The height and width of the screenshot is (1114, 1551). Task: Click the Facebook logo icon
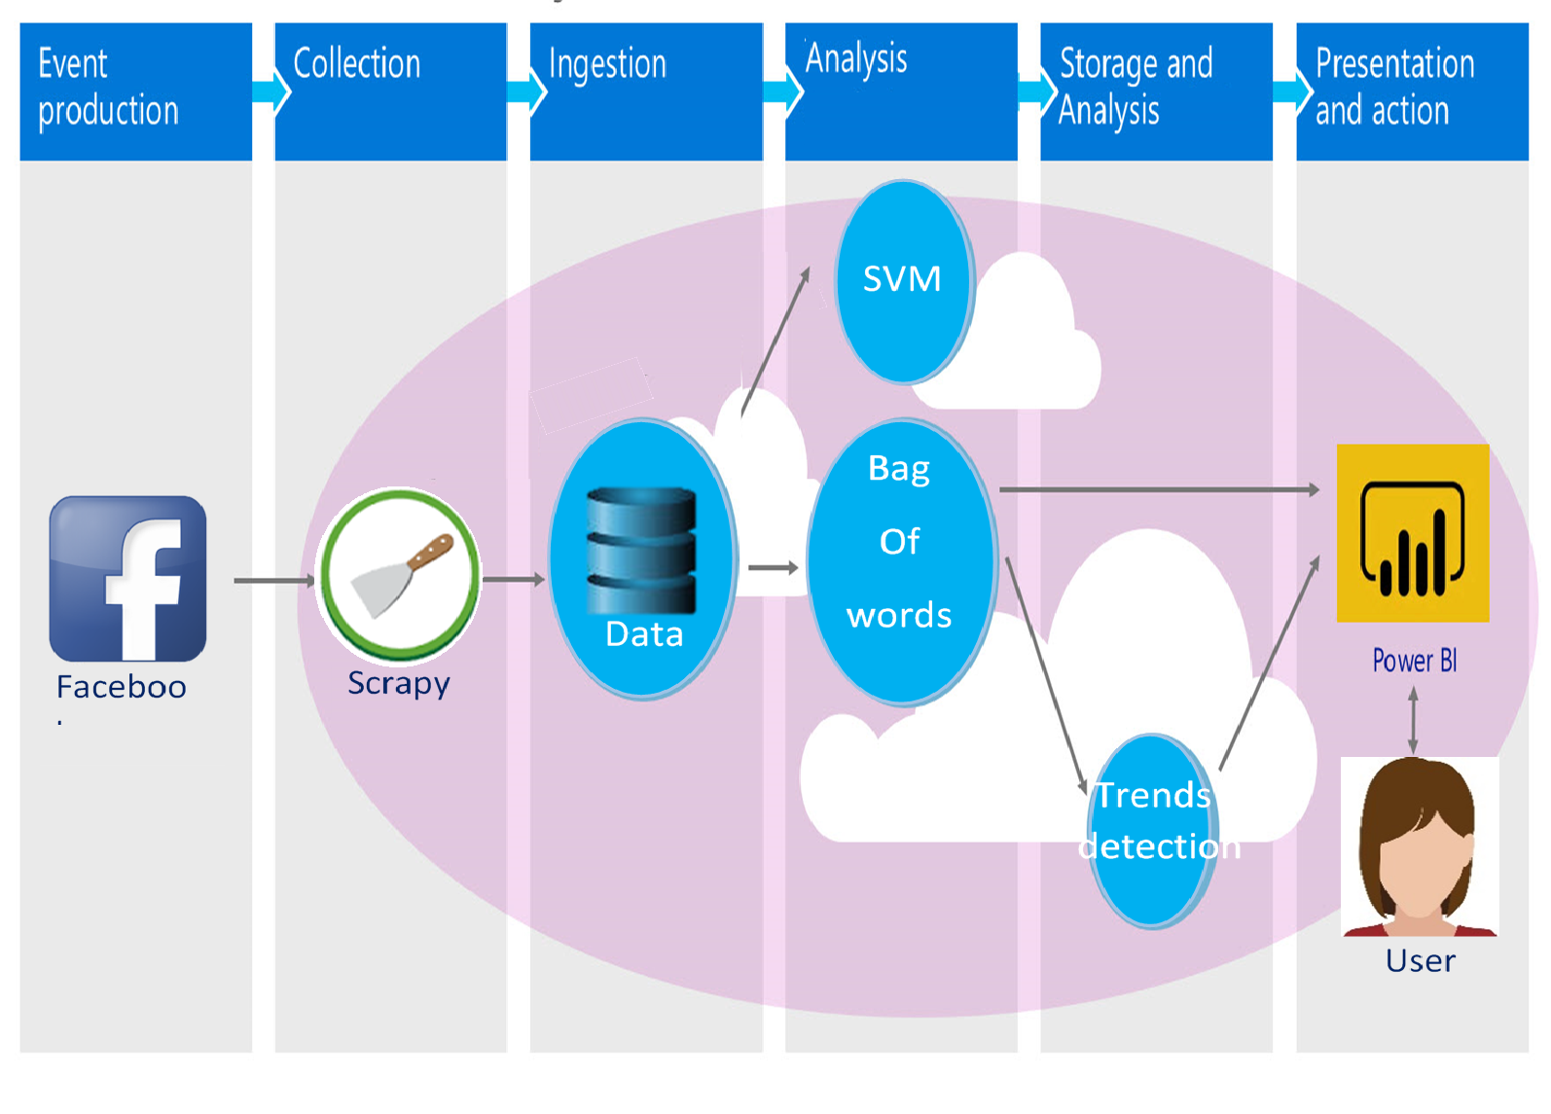(x=127, y=579)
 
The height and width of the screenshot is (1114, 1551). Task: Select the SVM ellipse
(x=903, y=281)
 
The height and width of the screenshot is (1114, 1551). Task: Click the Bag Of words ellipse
(x=900, y=561)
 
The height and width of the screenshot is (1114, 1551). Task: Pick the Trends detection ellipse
(x=1153, y=829)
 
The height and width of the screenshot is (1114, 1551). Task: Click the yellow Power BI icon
(x=1412, y=533)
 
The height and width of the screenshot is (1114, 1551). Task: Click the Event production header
(x=135, y=91)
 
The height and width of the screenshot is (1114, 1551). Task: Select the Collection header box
(x=390, y=91)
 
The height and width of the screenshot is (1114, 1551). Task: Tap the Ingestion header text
(x=607, y=64)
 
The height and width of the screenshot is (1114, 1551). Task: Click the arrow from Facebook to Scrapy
(x=273, y=581)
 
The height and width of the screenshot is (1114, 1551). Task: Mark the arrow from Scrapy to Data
(x=513, y=580)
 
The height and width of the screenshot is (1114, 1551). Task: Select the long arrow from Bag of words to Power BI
(x=1158, y=489)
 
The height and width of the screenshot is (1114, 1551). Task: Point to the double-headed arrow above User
(x=1413, y=721)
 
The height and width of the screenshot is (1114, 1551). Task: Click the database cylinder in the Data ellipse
(x=641, y=550)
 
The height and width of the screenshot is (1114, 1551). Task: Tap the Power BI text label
(x=1414, y=662)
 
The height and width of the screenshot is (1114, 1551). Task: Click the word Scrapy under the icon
(x=399, y=684)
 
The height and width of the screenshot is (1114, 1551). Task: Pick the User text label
(x=1420, y=961)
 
